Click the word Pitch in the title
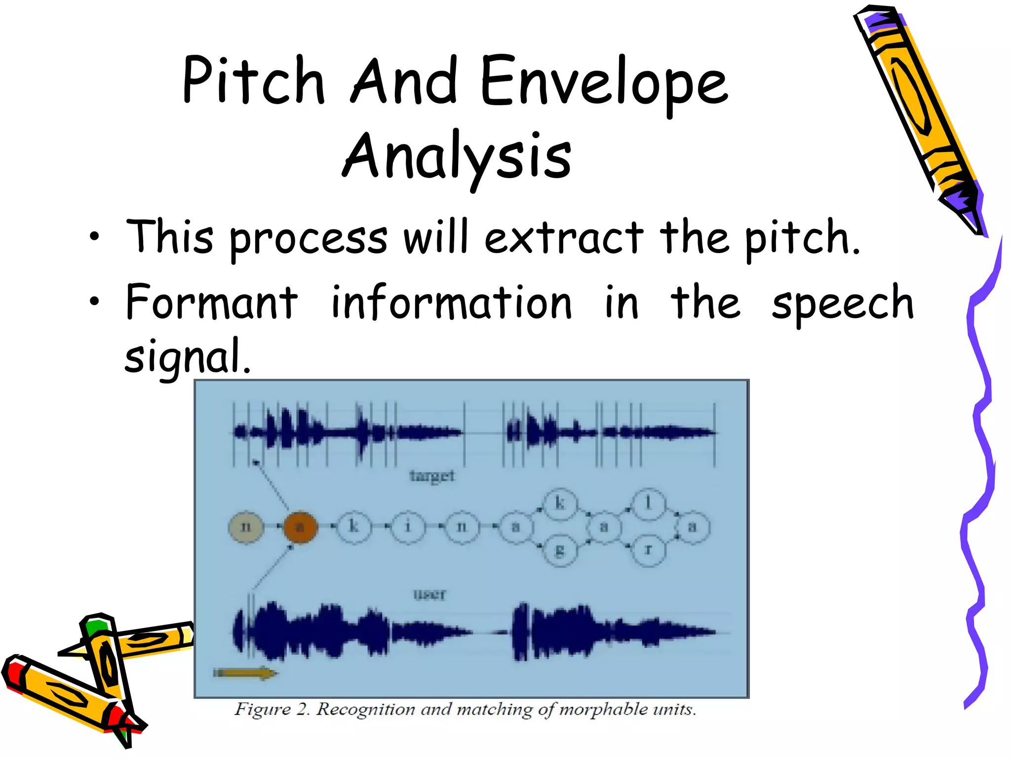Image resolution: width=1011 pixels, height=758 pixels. [x=253, y=81]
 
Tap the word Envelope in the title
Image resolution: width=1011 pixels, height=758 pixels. [x=604, y=84]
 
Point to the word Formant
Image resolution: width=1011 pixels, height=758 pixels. [x=212, y=302]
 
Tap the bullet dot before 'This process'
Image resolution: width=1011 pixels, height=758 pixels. [x=94, y=237]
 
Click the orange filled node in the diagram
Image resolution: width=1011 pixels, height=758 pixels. [x=300, y=527]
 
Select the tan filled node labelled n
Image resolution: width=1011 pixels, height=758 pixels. [x=246, y=527]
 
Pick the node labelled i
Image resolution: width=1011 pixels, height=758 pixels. [x=408, y=527]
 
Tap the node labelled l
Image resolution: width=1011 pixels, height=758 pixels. [x=648, y=504]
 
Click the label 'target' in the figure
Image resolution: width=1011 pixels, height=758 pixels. [x=432, y=476]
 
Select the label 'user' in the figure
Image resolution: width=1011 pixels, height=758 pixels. [x=429, y=594]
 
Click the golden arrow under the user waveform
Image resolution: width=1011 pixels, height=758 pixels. [x=245, y=673]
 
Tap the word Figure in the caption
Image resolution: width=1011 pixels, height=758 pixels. [x=262, y=710]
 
